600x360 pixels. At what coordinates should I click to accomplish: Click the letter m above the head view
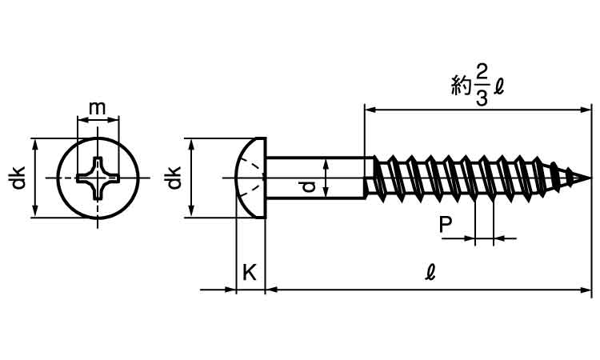98,107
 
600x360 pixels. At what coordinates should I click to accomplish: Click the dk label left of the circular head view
17,178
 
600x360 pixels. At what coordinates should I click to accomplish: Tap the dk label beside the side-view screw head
172,178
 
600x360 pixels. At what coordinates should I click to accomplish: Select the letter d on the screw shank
306,186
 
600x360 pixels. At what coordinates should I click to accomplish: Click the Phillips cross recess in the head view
98,178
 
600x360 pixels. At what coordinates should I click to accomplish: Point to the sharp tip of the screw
590,177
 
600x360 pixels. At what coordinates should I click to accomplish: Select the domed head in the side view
250,177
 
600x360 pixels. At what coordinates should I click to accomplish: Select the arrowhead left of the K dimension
233,289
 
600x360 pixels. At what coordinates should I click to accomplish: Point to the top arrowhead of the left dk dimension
34,142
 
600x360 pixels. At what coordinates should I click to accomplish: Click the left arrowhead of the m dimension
81,122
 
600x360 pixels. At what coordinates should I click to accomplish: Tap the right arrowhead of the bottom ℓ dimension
588,289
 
